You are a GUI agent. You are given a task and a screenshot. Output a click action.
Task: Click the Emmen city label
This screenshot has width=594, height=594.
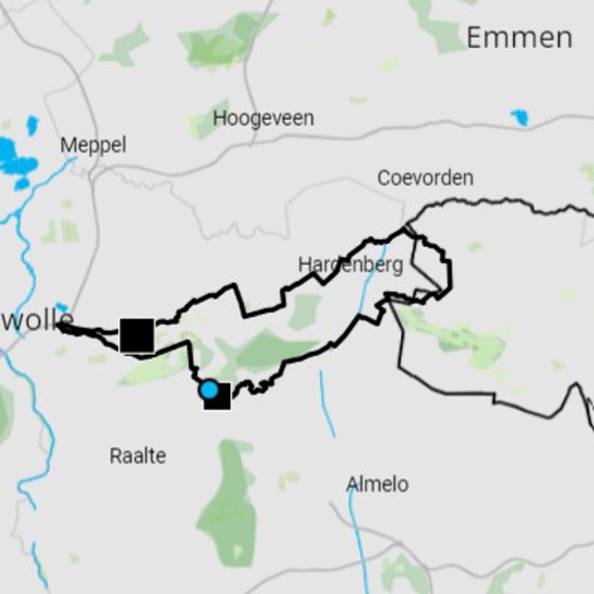(x=519, y=38)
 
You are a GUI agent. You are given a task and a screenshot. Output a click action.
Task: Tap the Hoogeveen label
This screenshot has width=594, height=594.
(x=263, y=118)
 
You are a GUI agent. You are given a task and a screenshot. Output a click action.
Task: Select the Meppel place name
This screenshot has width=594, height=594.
(x=93, y=145)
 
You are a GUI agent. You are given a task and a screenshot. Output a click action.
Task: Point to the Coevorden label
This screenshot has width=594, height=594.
(x=425, y=178)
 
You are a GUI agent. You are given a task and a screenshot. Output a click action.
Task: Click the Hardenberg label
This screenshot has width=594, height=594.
(x=350, y=264)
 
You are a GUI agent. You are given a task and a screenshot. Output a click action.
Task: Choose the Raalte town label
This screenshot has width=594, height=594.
(x=137, y=455)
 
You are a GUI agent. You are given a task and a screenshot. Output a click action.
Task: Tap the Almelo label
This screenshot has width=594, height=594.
(x=377, y=485)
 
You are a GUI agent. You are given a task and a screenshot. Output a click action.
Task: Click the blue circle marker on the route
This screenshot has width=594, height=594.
(x=209, y=389)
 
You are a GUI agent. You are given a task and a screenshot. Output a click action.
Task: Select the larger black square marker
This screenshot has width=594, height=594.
(x=137, y=336)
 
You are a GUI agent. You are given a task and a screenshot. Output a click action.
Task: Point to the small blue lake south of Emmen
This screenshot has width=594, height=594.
(x=520, y=117)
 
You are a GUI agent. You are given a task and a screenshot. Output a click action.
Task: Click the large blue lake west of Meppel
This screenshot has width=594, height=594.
(x=16, y=157)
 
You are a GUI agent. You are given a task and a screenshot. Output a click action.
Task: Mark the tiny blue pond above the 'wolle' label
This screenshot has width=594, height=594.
(x=61, y=307)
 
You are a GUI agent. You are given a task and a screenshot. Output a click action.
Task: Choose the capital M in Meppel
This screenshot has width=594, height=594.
(x=68, y=145)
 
